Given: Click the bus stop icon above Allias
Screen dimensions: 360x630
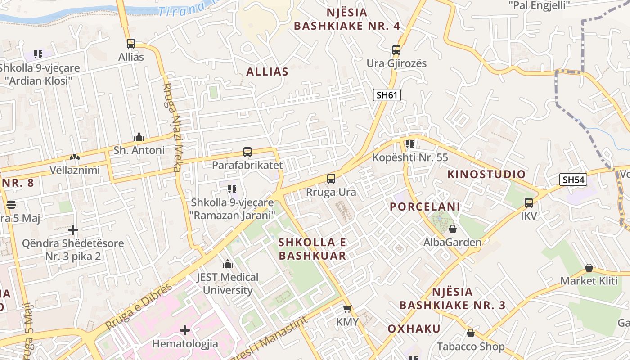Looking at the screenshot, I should (x=131, y=44).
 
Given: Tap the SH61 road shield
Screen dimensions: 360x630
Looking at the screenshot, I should (x=387, y=95).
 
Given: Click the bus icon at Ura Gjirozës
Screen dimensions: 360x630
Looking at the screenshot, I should (x=396, y=50).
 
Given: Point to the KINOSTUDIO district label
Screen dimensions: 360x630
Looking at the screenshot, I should (x=486, y=175).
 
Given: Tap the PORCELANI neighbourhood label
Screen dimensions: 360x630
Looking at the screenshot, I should (x=425, y=207).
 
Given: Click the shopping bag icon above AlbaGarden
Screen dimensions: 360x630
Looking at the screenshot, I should (x=453, y=229).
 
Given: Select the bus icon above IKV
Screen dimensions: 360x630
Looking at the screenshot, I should (x=529, y=203).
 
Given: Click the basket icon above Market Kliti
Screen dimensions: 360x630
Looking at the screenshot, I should (x=589, y=268).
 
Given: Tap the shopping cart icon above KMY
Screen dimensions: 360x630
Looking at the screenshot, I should (x=347, y=309).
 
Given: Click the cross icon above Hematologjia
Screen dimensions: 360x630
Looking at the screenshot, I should (x=185, y=331).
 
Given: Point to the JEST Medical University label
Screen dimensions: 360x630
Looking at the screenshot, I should (x=228, y=283).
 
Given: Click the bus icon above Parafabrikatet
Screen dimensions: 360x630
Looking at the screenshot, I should (x=247, y=152).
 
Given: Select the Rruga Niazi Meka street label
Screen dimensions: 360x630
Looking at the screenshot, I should (x=171, y=127).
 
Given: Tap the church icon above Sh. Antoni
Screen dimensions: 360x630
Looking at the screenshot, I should (x=139, y=137).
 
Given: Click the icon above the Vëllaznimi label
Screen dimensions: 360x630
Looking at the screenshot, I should (x=74, y=157).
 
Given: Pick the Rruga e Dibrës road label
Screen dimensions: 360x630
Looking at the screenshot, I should (x=139, y=306).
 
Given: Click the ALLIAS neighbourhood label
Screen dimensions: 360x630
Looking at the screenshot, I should (x=267, y=72).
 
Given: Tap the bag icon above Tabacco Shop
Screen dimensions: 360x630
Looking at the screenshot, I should (x=471, y=333).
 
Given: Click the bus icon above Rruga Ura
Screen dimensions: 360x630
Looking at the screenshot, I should (x=331, y=179).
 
